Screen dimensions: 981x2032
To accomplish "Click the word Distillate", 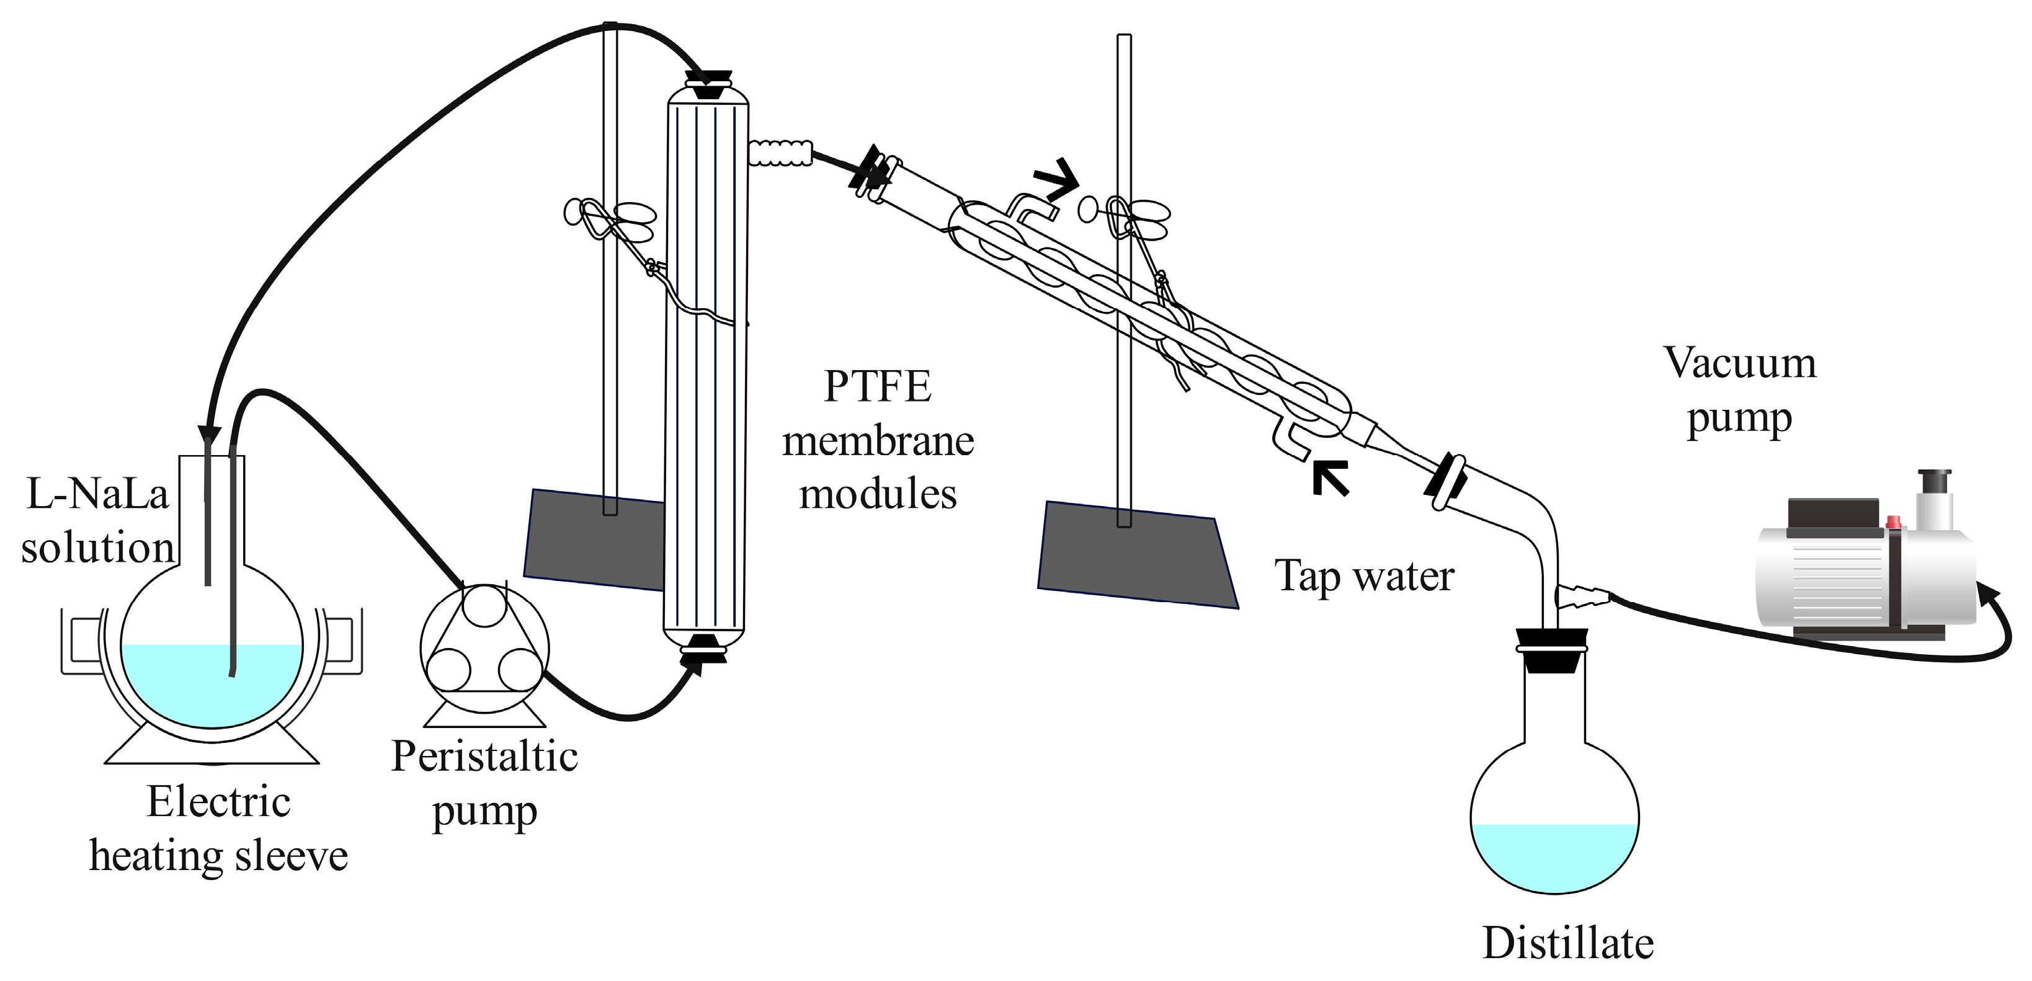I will (x=1567, y=943).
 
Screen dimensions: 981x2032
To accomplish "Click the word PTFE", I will (x=877, y=386).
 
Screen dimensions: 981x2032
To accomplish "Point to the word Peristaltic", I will (x=484, y=757).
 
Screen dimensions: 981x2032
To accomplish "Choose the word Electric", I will (x=218, y=803).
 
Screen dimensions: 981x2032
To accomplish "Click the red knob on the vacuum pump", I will (x=1892, y=522).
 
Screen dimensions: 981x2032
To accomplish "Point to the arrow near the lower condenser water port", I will (x=1330, y=478).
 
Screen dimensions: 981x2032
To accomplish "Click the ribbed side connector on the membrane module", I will (x=780, y=152).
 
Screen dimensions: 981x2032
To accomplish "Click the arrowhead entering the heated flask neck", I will (x=208, y=435).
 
